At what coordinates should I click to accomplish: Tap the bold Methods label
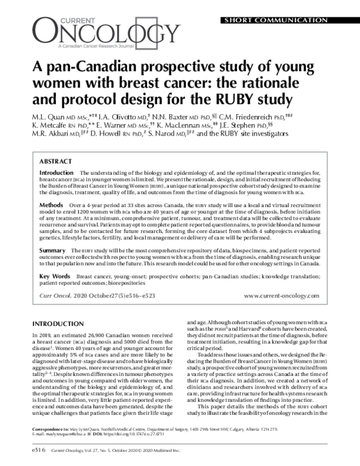51,205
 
